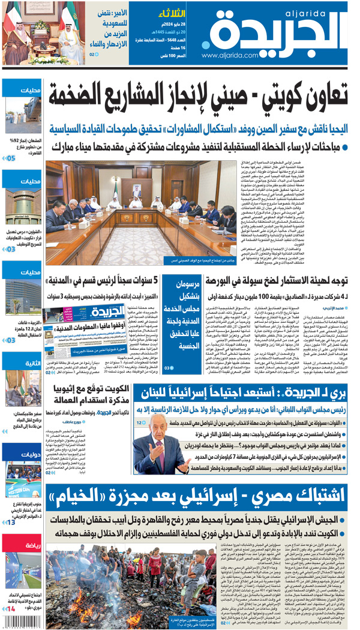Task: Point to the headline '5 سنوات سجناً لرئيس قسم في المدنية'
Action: pyautogui.click(x=104, y=280)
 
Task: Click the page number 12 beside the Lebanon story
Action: pyautogui.click(x=141, y=422)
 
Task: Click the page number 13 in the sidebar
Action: pyautogui.click(x=11, y=522)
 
